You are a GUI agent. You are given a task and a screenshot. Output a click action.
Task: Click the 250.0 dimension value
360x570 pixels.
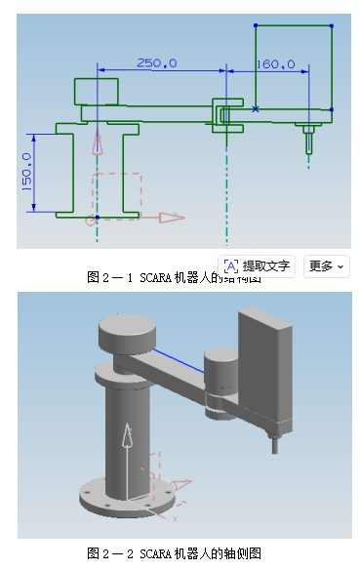[156, 63]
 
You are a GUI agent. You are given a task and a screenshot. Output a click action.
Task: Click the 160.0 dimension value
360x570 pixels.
[275, 64]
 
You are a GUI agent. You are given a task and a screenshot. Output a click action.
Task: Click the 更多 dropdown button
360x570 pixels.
[326, 265]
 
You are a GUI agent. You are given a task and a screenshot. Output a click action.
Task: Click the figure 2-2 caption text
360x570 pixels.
[175, 553]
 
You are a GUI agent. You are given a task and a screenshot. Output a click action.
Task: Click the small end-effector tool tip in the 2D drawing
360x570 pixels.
[309, 143]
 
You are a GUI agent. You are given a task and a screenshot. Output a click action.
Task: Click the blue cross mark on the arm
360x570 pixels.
[256, 109]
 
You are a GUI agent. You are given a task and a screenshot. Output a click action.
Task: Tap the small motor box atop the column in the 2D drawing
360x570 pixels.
[97, 91]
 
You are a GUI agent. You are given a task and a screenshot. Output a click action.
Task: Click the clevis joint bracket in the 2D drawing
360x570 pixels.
[228, 114]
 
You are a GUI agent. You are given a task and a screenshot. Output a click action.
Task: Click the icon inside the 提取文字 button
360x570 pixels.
[232, 265]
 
